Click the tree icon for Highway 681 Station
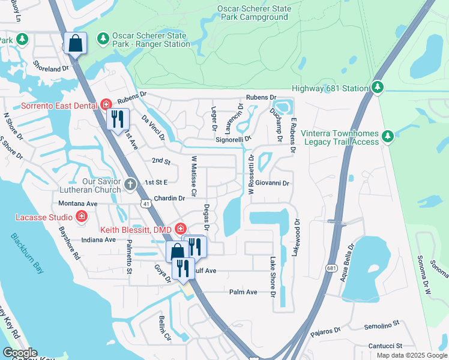[x=377, y=88]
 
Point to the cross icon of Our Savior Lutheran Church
[x=131, y=185]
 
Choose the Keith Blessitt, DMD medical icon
[x=180, y=228]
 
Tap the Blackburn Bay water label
[x=26, y=253]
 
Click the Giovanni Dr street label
[x=273, y=183]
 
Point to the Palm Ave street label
[x=243, y=292]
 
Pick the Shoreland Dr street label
[x=51, y=69]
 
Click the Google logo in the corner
[x=20, y=353]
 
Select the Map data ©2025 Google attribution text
[x=411, y=355]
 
